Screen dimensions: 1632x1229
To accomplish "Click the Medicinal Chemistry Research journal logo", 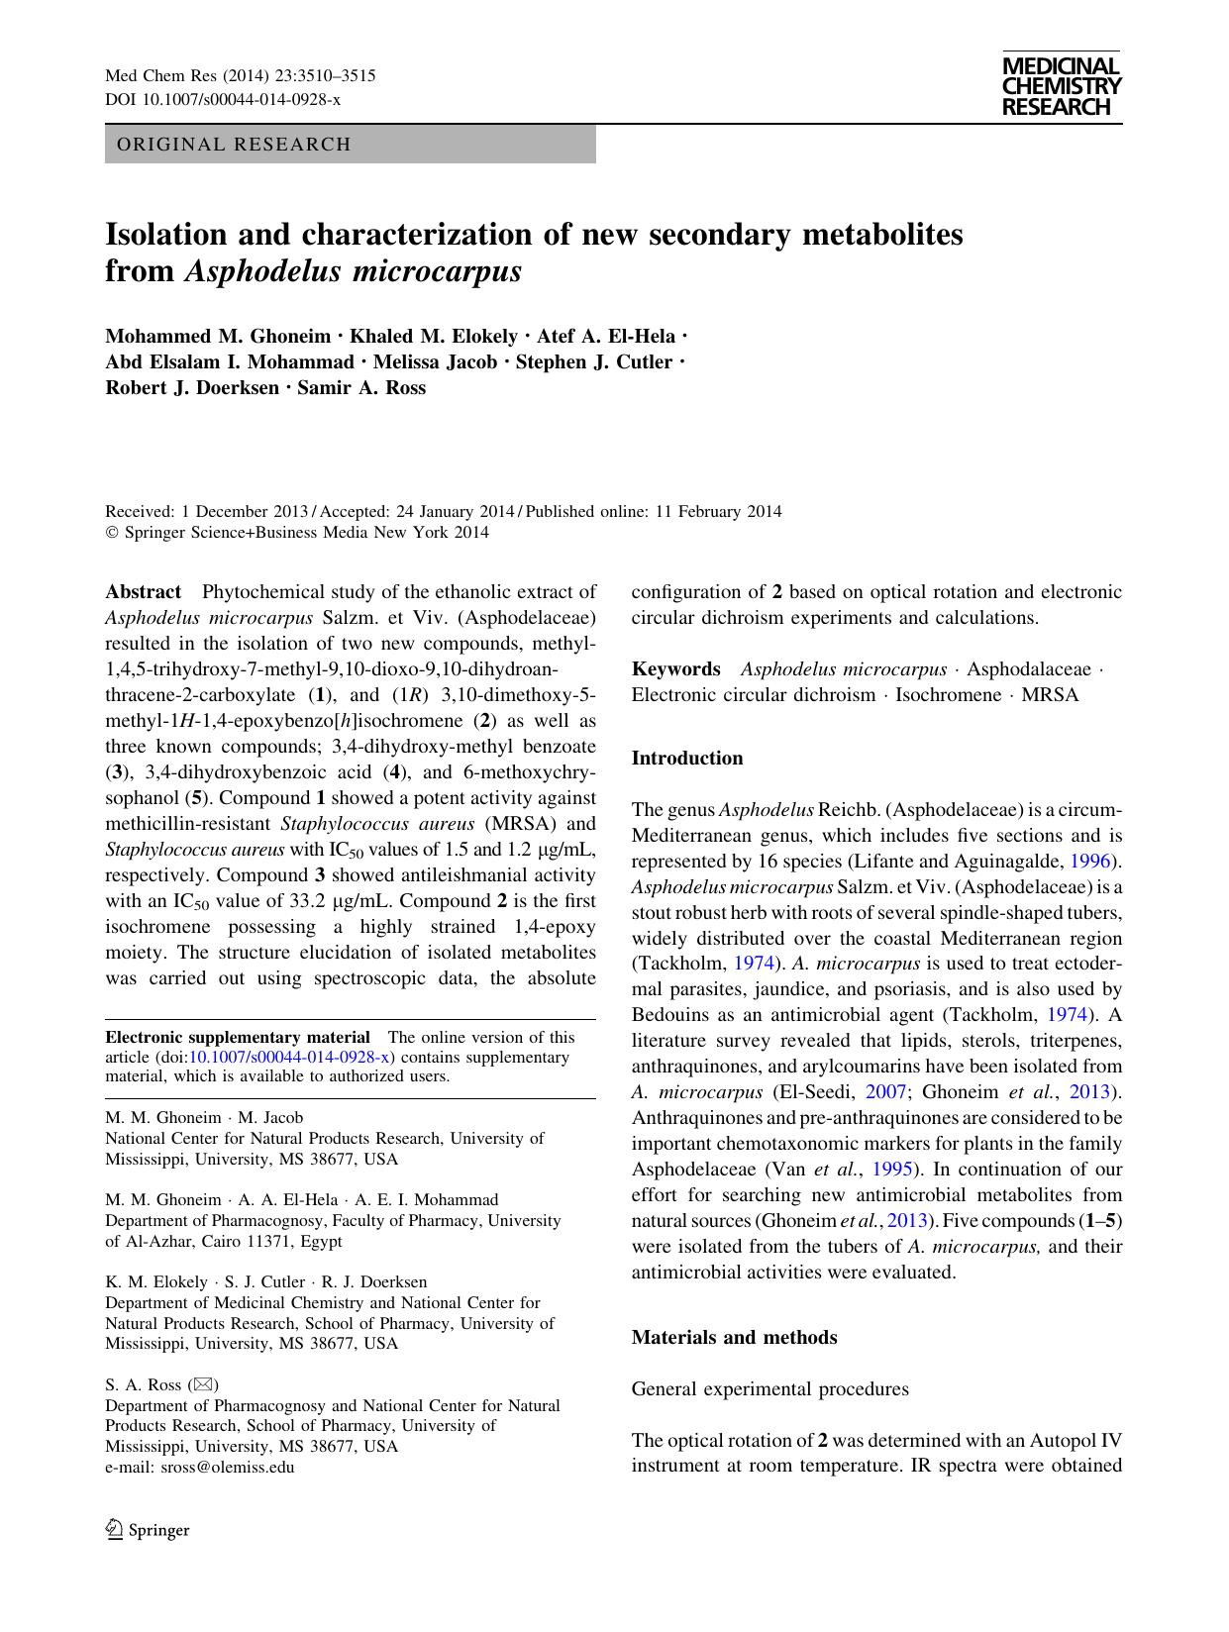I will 1061,86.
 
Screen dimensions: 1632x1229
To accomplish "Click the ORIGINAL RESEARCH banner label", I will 234,145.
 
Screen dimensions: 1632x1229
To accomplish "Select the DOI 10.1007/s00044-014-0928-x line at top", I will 223,100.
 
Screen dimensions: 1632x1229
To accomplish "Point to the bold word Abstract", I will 144,592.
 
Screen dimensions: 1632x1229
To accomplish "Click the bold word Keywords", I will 676,669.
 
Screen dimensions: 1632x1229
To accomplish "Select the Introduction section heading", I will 687,759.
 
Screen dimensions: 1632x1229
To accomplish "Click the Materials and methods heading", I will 735,1338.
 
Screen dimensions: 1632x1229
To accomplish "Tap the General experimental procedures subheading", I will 770,1389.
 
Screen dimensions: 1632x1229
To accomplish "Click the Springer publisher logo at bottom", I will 148,1530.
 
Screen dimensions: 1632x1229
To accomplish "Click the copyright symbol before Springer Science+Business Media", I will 111,533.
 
